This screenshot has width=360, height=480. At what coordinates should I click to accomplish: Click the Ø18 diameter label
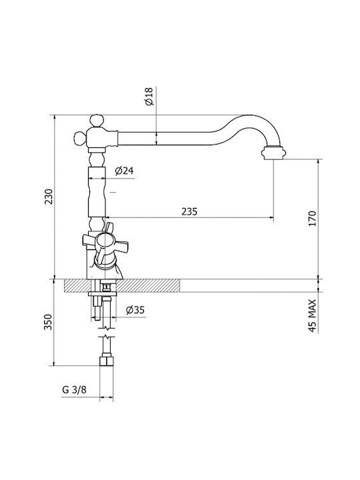coord(149,97)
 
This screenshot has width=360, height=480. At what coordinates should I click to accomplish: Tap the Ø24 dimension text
coord(124,171)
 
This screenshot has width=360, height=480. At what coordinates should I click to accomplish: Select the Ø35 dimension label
coord(135,310)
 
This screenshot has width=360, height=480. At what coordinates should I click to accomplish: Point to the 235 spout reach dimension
coord(189,211)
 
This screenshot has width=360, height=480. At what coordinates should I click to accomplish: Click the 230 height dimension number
coord(49,197)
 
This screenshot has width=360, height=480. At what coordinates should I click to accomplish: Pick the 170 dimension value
coord(312,219)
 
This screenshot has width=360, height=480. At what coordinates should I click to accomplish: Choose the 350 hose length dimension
coord(49,322)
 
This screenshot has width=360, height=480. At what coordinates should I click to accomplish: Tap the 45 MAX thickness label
coord(312,316)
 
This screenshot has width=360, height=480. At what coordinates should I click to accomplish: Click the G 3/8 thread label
coord(75,390)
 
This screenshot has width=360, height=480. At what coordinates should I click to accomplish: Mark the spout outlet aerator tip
coord(273,153)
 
